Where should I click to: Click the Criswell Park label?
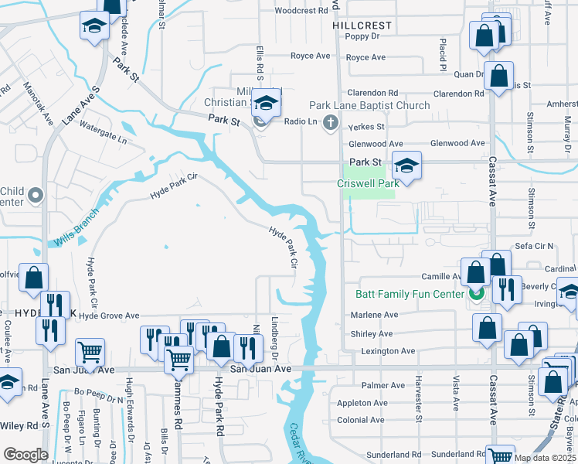(x=368, y=183)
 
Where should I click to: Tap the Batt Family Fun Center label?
(x=409, y=294)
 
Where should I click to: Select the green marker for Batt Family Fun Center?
(x=477, y=294)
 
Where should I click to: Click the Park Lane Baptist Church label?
(x=369, y=105)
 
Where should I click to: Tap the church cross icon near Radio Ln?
(x=331, y=121)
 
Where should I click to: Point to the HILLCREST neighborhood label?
(x=362, y=25)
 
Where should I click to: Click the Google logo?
(x=25, y=455)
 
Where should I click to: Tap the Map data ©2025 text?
(x=545, y=458)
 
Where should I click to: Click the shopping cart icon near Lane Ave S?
(x=90, y=353)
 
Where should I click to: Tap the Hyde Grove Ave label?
(x=109, y=316)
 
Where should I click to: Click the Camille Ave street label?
(x=441, y=277)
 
